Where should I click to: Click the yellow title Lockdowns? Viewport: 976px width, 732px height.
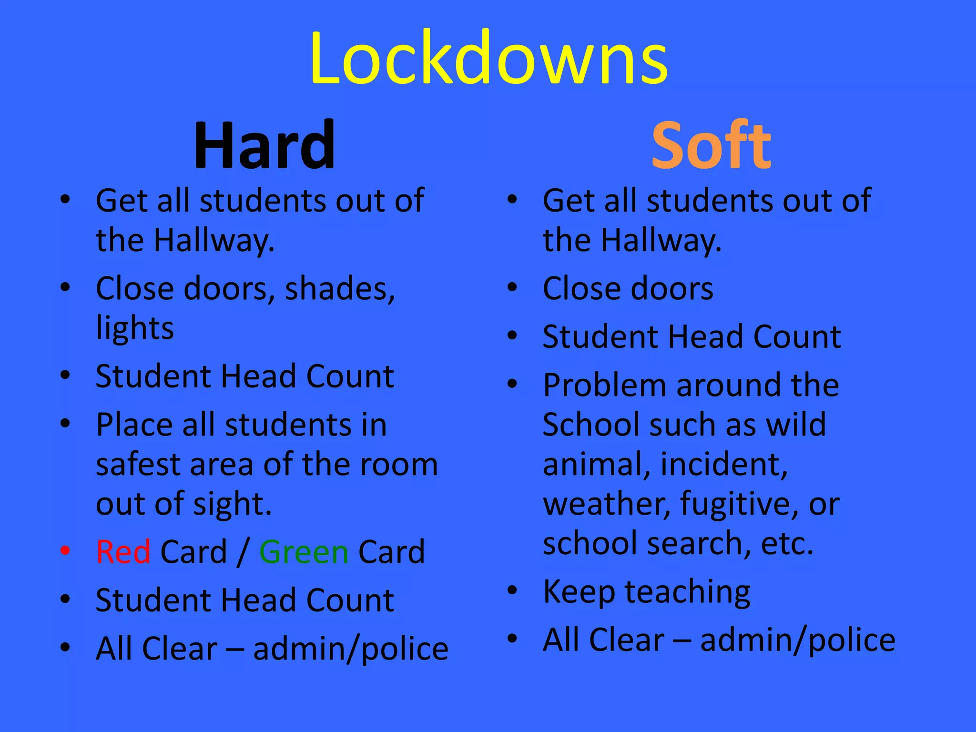488,58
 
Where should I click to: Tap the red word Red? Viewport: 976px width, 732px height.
123,552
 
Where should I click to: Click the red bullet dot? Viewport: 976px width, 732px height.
65,551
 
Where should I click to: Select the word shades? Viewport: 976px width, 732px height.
340,289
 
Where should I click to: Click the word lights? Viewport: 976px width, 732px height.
135,328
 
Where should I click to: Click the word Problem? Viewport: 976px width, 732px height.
604,386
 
